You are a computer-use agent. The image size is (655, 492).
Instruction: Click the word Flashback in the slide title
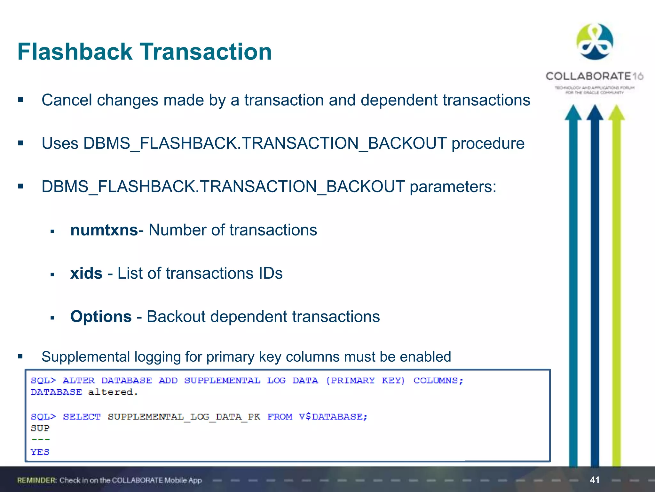[75, 52]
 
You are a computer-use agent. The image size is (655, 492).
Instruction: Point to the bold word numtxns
[104, 230]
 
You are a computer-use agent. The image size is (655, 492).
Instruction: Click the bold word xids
[86, 273]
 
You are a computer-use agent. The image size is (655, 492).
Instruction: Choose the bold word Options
[101, 316]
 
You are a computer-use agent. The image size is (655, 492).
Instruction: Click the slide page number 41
[595, 480]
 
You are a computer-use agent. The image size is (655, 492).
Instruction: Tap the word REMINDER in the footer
[37, 480]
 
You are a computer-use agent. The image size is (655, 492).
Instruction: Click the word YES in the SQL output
[40, 452]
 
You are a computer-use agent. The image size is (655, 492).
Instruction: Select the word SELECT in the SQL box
[82, 416]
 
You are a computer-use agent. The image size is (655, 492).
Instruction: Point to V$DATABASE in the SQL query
[333, 416]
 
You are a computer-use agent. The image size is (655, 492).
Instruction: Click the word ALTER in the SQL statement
[79, 381]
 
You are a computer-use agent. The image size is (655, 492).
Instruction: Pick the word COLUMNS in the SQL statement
[438, 381]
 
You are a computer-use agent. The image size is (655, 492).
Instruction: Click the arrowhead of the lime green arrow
[616, 113]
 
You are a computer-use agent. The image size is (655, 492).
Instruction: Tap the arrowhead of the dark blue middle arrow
[595, 113]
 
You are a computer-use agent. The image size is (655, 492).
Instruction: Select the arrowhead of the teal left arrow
[573, 113]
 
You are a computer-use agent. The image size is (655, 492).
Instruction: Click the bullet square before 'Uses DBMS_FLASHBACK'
[21, 143]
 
